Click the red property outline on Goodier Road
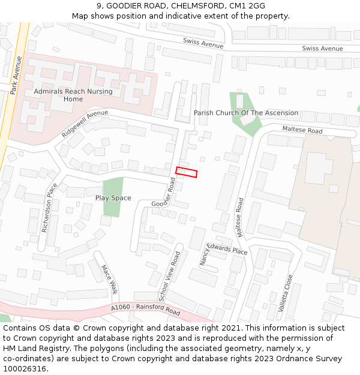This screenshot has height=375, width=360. tap(186, 172)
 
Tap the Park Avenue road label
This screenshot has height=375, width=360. tap(16, 75)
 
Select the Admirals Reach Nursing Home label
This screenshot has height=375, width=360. tap(73, 95)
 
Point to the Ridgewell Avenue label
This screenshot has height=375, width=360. tap(85, 123)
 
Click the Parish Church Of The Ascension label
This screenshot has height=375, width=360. tap(245, 113)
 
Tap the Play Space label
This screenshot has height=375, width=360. tap(113, 198)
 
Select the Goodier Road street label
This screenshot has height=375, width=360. tap(164, 196)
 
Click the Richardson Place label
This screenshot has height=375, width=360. tap(49, 208)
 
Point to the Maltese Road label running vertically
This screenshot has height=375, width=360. tap(239, 217)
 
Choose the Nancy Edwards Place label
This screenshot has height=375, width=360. tap(223, 252)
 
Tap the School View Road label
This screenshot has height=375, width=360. tap(169, 276)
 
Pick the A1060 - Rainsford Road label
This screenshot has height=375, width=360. tap(145, 310)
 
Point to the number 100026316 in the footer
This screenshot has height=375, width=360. tap(25, 368)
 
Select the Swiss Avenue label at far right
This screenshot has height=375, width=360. tap(322, 49)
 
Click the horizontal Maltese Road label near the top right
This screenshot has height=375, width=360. tap(302, 130)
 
